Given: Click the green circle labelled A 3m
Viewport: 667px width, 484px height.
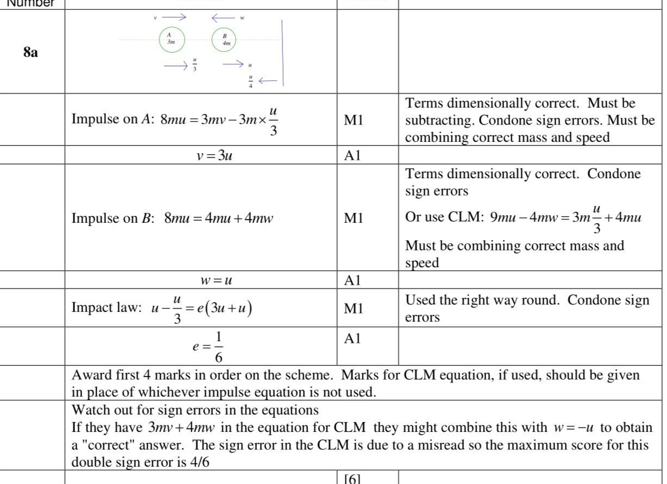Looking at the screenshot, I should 172,39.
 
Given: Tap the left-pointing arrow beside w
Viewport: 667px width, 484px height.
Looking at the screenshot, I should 222,17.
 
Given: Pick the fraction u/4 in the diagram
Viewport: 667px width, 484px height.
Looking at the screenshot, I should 250,81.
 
